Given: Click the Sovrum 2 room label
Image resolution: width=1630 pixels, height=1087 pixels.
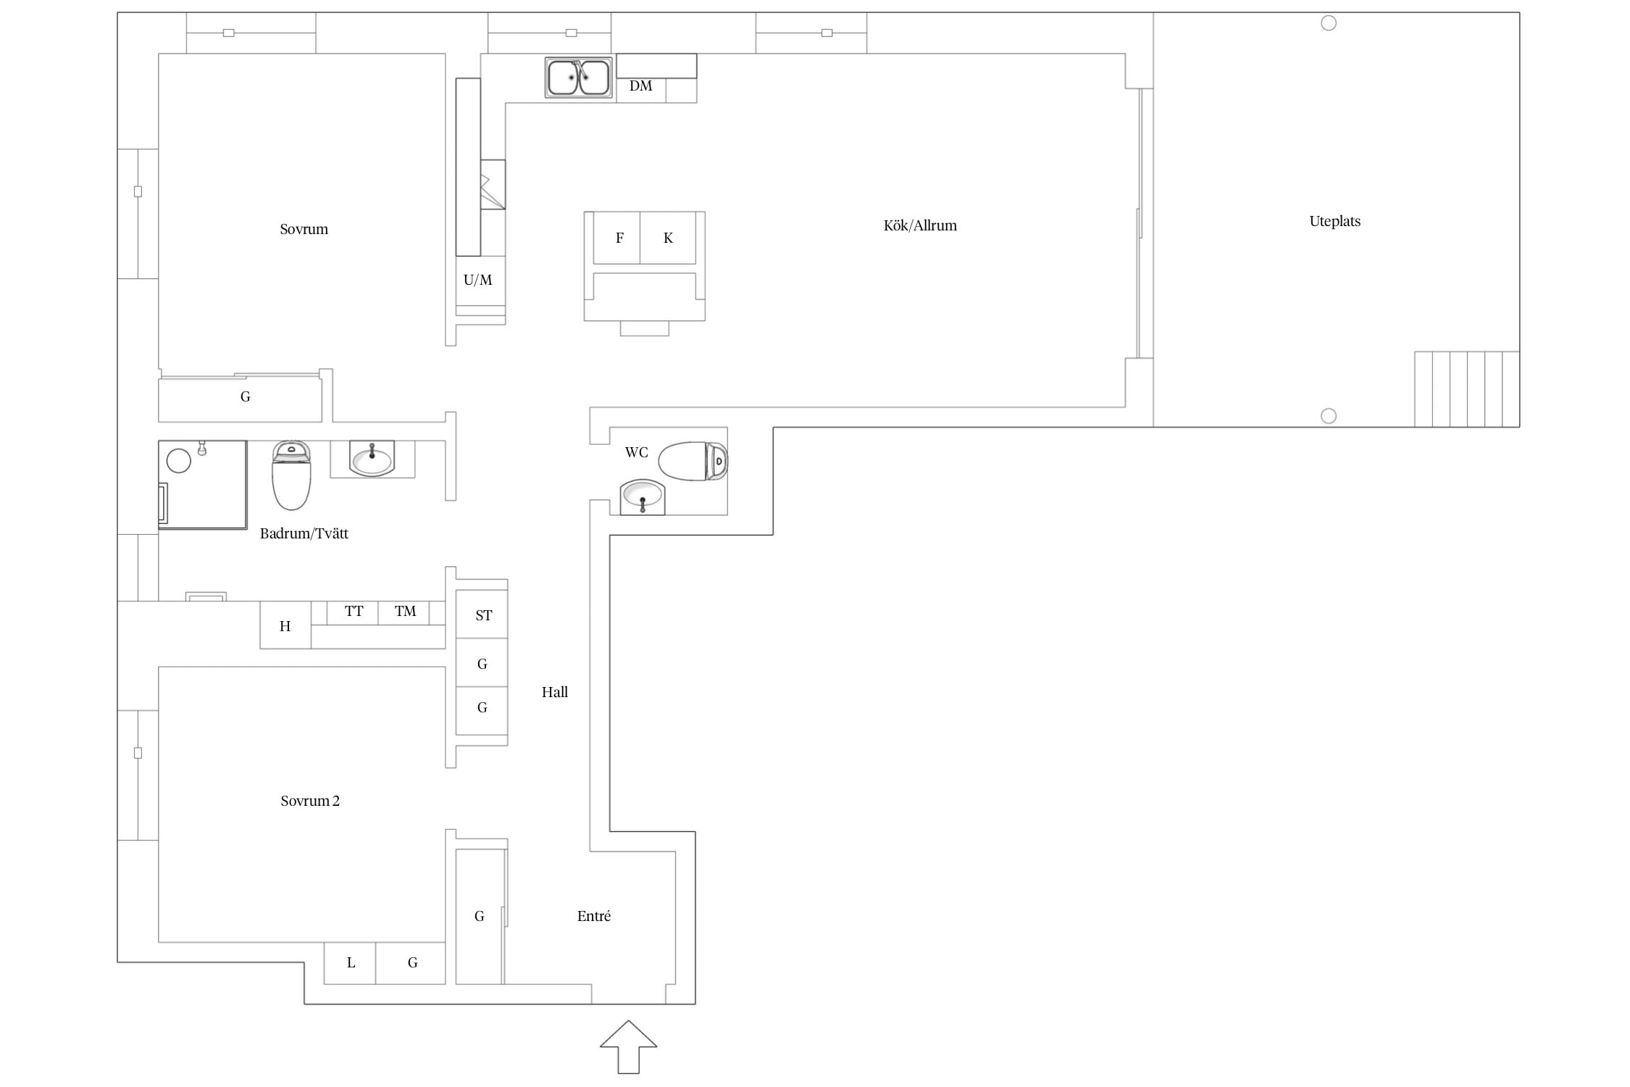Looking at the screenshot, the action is pyautogui.click(x=310, y=801).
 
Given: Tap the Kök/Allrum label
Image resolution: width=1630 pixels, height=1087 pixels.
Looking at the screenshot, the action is pyautogui.click(x=920, y=225).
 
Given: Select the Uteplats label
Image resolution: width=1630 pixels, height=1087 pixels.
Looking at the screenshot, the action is pyautogui.click(x=1334, y=221).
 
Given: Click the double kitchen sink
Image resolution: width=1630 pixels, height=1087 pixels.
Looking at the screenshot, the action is pyautogui.click(x=578, y=78).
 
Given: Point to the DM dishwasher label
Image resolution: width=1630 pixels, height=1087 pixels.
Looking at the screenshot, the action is pyautogui.click(x=640, y=86).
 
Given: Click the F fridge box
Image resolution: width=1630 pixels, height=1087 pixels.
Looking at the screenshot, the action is pyautogui.click(x=617, y=238).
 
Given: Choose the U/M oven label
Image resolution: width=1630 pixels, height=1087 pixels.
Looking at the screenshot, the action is pyautogui.click(x=477, y=280).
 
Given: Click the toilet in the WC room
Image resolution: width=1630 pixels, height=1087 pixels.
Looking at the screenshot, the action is pyautogui.click(x=693, y=461).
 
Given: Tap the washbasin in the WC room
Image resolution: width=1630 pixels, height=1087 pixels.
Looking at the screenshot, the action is pyautogui.click(x=643, y=496).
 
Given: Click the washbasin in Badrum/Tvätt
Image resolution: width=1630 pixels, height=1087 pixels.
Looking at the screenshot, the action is pyautogui.click(x=372, y=458).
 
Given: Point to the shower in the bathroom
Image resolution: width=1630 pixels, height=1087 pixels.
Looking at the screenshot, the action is pyautogui.click(x=203, y=484).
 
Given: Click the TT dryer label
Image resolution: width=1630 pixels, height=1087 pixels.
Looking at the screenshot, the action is pyautogui.click(x=354, y=611).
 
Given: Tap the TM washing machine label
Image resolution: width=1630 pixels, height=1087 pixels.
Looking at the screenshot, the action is pyautogui.click(x=405, y=611).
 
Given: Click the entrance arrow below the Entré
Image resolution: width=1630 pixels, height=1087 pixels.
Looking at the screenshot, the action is pyautogui.click(x=628, y=1046).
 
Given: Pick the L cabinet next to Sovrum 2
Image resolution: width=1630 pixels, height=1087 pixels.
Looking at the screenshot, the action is pyautogui.click(x=350, y=963).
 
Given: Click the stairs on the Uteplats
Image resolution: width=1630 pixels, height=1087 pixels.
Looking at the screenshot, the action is pyautogui.click(x=1467, y=389).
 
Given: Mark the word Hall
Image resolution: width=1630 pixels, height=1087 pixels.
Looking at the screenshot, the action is pyautogui.click(x=555, y=692).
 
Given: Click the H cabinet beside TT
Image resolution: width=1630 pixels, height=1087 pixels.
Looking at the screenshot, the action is pyautogui.click(x=285, y=625).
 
